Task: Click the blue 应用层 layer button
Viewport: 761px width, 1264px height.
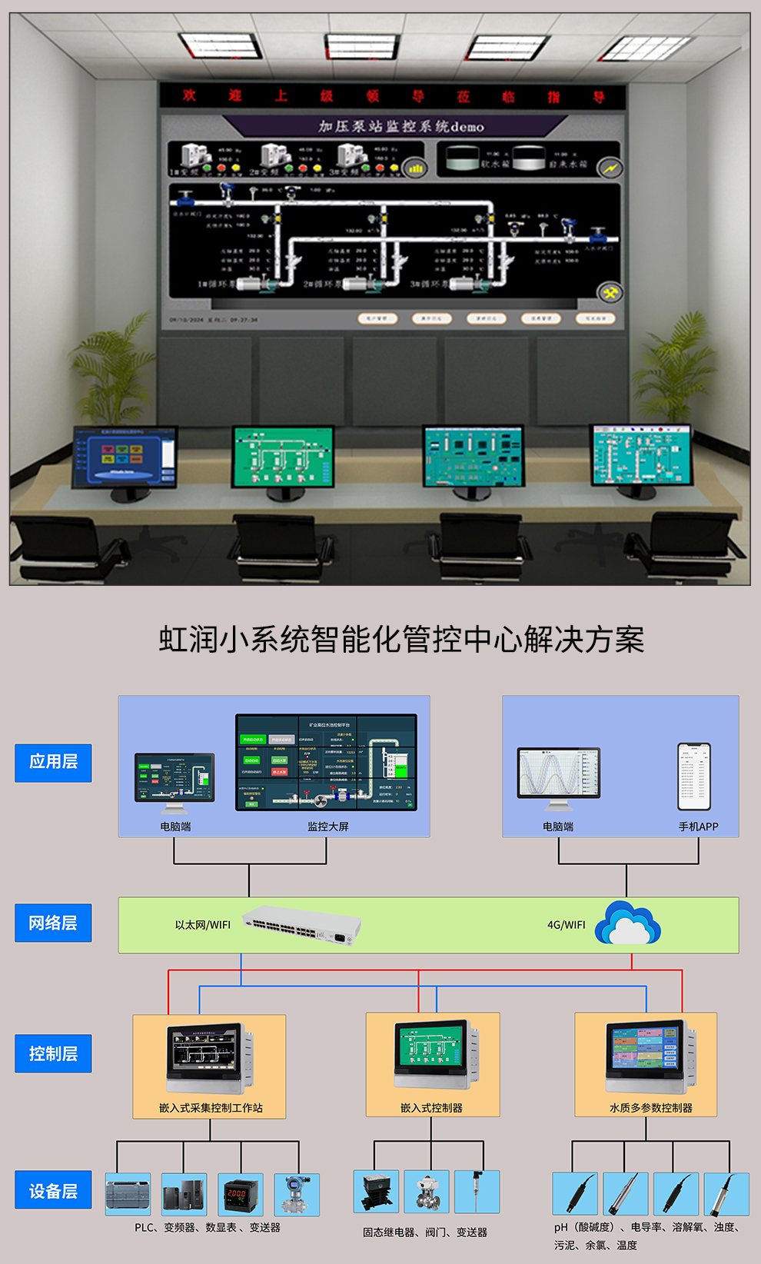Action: coord(53,763)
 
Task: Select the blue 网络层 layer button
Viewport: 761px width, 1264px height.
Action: coord(53,923)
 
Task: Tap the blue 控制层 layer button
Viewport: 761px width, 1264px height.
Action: coord(53,1053)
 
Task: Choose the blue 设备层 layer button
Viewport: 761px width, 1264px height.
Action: coord(53,1191)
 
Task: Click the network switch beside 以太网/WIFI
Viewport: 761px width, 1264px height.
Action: coord(302,925)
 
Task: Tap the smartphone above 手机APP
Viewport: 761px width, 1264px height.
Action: coord(694,777)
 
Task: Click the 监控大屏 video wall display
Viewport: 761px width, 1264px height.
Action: coord(326,763)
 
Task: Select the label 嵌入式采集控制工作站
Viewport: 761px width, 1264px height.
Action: coord(211,1108)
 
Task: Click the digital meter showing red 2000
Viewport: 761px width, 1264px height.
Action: coord(240,1194)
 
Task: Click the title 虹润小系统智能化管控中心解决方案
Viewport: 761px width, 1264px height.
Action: coord(401,640)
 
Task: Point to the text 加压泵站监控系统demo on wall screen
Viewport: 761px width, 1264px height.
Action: coord(401,126)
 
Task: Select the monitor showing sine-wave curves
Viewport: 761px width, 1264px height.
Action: coord(559,774)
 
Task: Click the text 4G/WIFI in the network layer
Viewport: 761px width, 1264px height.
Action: coord(567,925)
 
